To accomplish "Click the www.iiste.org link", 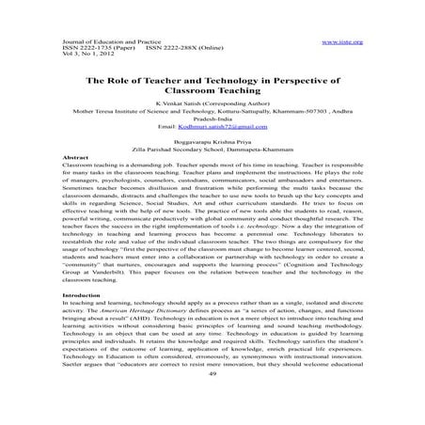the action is pyautogui.click(x=342, y=42).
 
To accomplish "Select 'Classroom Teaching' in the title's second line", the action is pyautogui.click(x=212, y=93).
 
